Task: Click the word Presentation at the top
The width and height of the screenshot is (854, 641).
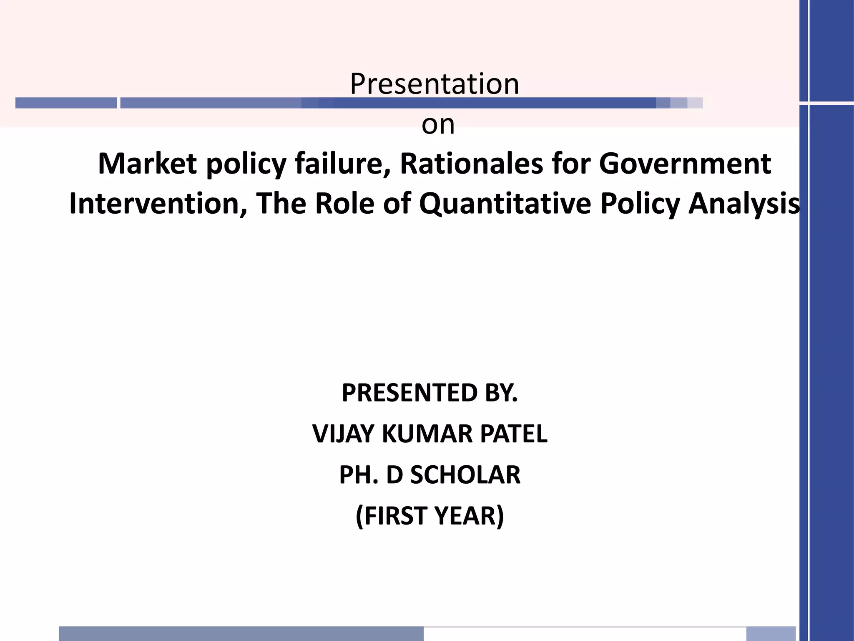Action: pyautogui.click(x=435, y=84)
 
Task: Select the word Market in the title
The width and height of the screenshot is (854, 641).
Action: pyautogui.click(x=147, y=164)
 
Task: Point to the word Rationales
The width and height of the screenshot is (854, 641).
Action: pyautogui.click(x=471, y=164)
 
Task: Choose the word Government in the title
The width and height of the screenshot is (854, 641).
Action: pyautogui.click(x=685, y=164)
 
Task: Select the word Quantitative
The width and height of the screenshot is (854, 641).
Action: pyautogui.click(x=505, y=204)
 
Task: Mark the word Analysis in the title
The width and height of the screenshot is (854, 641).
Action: pyautogui.click(x=744, y=204)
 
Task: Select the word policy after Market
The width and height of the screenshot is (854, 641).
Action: pyautogui.click(x=246, y=164)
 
